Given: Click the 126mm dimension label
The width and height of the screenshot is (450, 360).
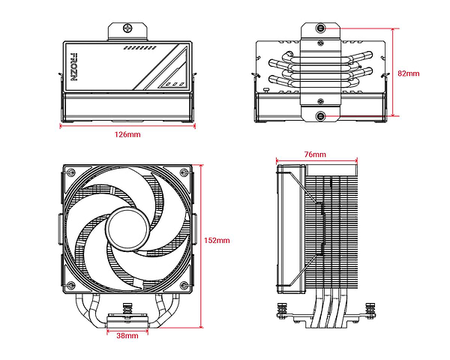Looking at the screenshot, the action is pyautogui.click(x=127, y=134).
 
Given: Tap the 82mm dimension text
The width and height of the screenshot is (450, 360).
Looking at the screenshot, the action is pyautogui.click(x=409, y=73).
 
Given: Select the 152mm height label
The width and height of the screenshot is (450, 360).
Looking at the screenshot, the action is pyautogui.click(x=217, y=240).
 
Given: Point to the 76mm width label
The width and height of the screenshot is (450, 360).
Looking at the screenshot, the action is pyautogui.click(x=315, y=154).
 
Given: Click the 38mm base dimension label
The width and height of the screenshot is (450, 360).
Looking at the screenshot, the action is pyautogui.click(x=127, y=335).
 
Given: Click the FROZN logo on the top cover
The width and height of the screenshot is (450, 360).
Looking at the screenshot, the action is pyautogui.click(x=74, y=67).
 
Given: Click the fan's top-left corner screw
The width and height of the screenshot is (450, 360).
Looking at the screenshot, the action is pyautogui.click(x=71, y=172).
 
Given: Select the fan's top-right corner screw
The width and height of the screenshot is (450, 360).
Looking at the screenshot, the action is pyautogui.click(x=184, y=172).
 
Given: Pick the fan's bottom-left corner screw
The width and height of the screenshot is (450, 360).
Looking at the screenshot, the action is pyautogui.click(x=71, y=285).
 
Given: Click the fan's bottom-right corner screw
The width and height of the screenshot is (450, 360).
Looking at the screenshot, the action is pyautogui.click(x=184, y=285).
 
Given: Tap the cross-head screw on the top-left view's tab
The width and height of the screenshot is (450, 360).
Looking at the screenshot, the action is pyautogui.click(x=127, y=28).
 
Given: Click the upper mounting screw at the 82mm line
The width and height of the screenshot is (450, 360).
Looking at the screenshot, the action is pyautogui.click(x=320, y=28).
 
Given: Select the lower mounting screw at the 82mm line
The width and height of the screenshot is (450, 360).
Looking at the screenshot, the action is pyautogui.click(x=320, y=116).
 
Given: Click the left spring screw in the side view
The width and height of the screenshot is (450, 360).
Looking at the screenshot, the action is pyautogui.click(x=282, y=310).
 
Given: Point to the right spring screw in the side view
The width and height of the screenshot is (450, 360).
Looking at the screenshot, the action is pyautogui.click(x=370, y=310).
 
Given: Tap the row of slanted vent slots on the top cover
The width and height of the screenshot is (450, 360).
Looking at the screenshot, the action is pyautogui.click(x=140, y=48).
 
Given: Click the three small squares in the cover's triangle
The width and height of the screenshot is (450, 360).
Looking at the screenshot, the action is pyautogui.click(x=175, y=85).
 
